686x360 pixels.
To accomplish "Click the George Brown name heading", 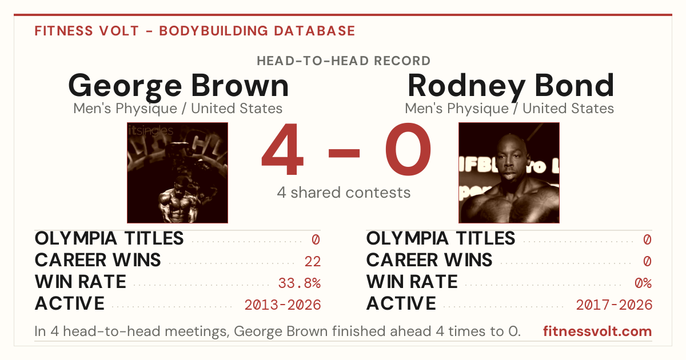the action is tap(178, 86).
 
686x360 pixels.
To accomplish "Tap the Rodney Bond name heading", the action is tap(511, 86).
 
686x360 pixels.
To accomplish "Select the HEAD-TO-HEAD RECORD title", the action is tap(344, 61).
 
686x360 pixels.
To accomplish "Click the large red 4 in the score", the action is tap(282, 149).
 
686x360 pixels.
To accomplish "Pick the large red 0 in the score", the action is tap(408, 149).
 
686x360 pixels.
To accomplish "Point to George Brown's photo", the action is tap(178, 173).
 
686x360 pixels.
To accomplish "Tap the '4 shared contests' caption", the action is tap(344, 193).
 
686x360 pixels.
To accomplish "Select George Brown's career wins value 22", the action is tap(312, 262).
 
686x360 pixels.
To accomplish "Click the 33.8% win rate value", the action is tap(299, 283).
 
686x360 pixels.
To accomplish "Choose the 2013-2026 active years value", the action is tap(282, 305).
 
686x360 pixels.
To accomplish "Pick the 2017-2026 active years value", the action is tap(614, 305).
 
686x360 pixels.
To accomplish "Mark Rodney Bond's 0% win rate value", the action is tap(643, 283).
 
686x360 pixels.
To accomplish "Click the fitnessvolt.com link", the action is tap(597, 331).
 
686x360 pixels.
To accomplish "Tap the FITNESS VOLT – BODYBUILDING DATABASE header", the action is tap(195, 31).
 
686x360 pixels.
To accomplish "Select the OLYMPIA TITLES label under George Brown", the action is tap(109, 238).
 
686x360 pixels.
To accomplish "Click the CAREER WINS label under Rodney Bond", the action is tap(429, 260).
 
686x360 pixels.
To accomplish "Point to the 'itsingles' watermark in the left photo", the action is tap(151, 131).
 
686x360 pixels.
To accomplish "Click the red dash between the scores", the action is tap(344, 153).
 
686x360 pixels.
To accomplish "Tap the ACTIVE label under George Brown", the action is tap(70, 303).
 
